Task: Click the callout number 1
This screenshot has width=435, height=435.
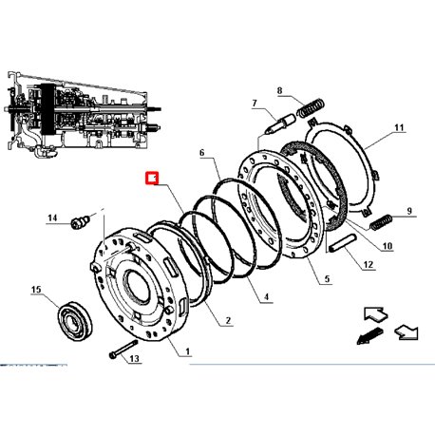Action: (x=188, y=351)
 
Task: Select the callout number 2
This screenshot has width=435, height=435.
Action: (x=228, y=321)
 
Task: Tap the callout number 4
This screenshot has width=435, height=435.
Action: (x=266, y=297)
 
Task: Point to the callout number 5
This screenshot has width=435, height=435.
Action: (x=327, y=279)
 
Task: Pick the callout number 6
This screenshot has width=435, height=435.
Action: (x=202, y=153)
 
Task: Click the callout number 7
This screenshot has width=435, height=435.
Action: (x=255, y=104)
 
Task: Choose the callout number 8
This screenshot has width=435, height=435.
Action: (x=279, y=91)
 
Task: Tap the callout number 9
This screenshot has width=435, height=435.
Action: (x=409, y=211)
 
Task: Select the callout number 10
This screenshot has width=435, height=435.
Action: (x=388, y=246)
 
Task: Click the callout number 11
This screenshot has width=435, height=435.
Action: (x=399, y=127)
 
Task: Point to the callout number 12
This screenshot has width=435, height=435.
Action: (x=369, y=264)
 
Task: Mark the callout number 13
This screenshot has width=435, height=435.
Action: (x=134, y=358)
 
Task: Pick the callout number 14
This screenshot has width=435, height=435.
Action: (x=52, y=217)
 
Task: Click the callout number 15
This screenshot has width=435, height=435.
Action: (x=36, y=290)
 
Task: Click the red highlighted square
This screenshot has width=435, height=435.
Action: (x=152, y=179)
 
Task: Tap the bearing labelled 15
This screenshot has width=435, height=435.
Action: (x=75, y=321)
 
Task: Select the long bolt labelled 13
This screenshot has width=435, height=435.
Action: (x=123, y=349)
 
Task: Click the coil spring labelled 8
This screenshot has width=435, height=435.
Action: (x=311, y=107)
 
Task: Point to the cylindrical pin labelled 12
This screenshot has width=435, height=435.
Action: (x=342, y=243)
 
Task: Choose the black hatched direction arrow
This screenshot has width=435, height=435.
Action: (x=369, y=336)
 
